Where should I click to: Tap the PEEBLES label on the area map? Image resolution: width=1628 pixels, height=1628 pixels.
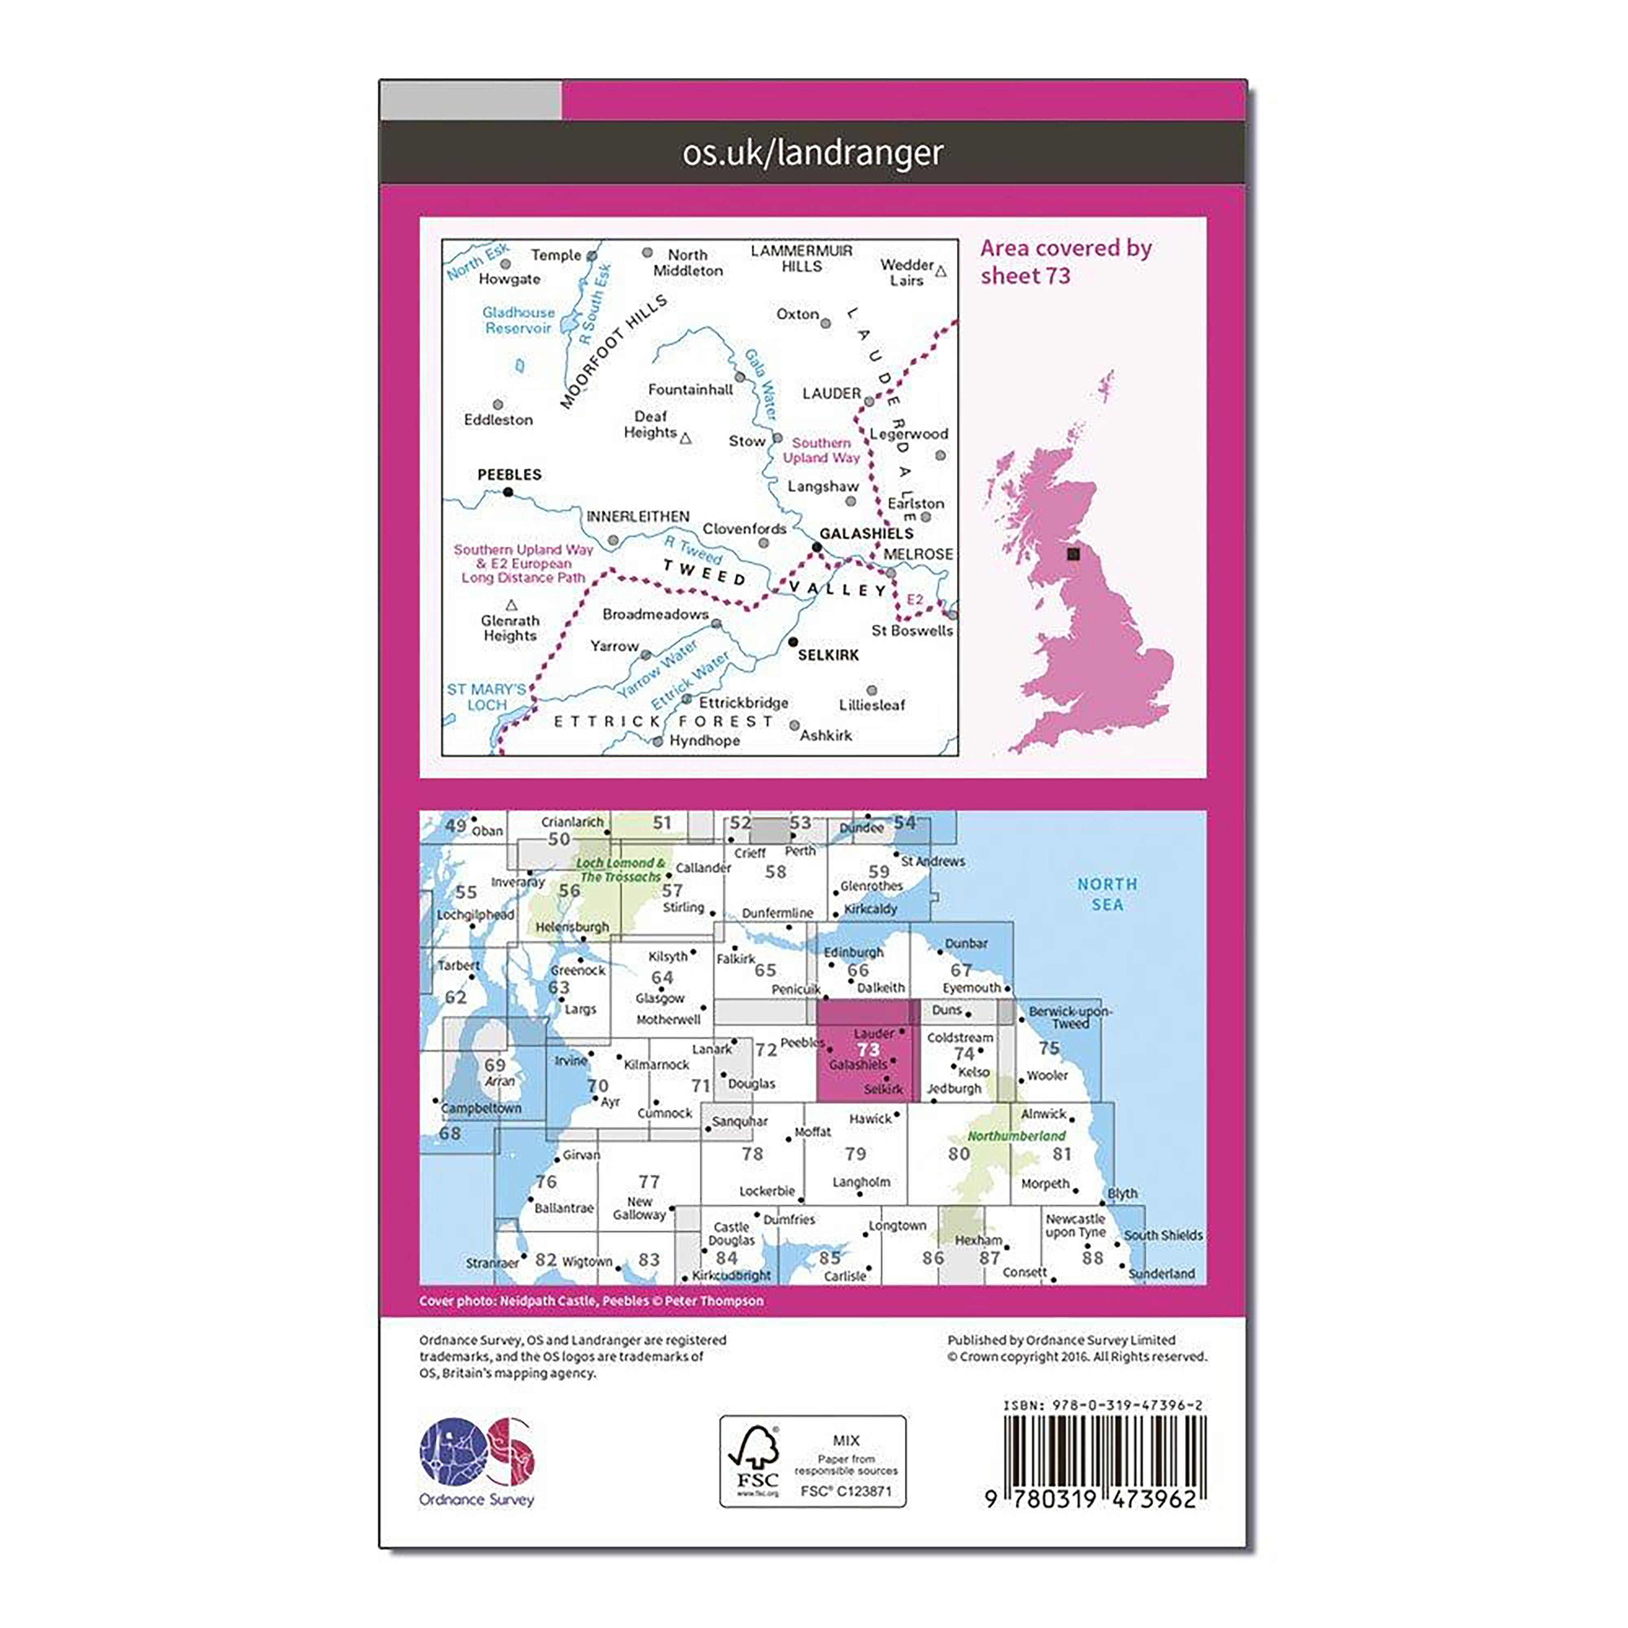pos(509,475)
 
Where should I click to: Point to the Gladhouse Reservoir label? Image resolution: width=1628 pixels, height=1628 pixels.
pos(518,320)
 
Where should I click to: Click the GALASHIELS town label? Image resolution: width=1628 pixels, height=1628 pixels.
pos(866,534)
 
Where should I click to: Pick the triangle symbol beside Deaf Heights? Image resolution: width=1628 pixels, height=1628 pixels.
pos(686,438)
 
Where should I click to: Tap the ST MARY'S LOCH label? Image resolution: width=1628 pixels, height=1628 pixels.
pos(486,697)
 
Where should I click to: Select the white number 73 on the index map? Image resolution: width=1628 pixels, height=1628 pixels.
pos(868,1049)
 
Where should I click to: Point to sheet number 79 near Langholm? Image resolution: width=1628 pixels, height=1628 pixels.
pos(855,1153)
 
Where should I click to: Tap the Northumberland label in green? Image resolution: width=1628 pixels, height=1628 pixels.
pos(1016,1136)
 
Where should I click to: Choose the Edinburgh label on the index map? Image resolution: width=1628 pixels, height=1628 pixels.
pos(853,952)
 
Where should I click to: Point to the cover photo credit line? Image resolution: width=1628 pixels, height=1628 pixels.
pos(591,1301)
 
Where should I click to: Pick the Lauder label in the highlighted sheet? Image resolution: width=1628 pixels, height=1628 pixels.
pos(874,1033)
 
